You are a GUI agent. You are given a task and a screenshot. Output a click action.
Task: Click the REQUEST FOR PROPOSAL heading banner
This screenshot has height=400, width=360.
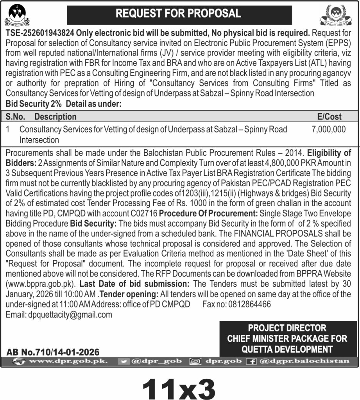[179, 14]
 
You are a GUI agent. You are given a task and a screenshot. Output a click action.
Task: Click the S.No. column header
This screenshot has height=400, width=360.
[16, 116]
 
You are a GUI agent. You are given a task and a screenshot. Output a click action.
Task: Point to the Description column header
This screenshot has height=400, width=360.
[56, 116]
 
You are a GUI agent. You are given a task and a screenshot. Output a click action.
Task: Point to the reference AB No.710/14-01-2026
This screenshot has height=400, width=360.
[53, 352]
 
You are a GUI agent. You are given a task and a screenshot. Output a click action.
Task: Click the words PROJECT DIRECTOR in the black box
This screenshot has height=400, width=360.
[287, 328]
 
